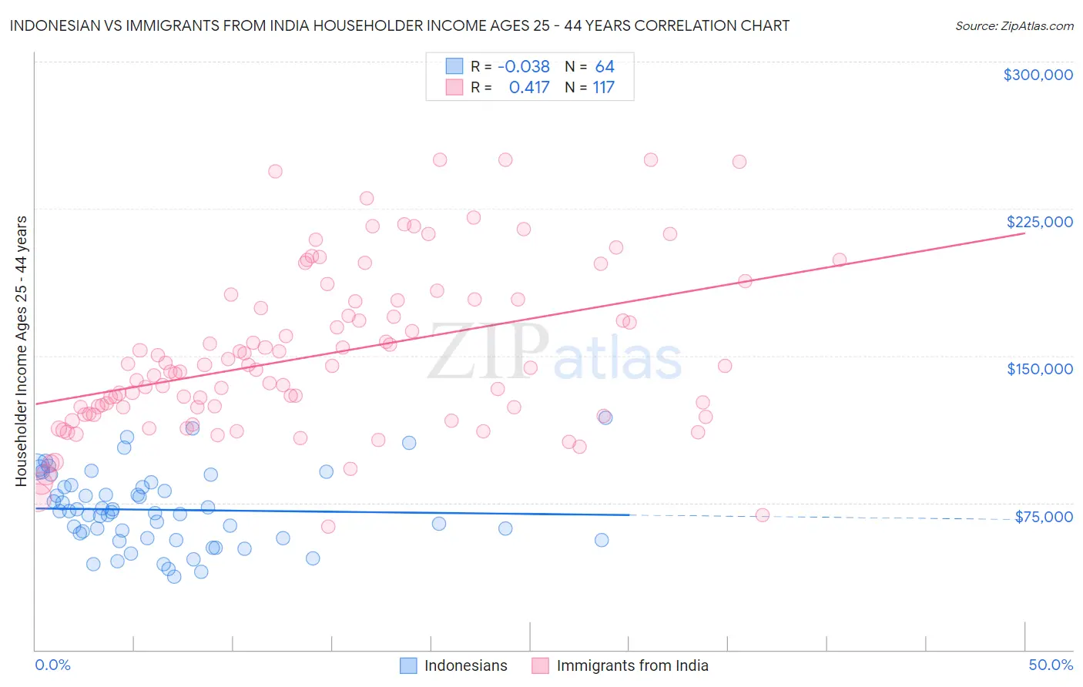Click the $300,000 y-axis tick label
[x=1038, y=75]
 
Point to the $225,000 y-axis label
[x=1039, y=222]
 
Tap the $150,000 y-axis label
[x=1039, y=369]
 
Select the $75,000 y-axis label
[x=1043, y=517]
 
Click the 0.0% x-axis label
[x=52, y=665]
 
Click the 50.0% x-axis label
[x=1051, y=665]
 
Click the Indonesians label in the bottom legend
[x=465, y=665]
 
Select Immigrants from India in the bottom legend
[x=632, y=665]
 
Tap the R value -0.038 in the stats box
[x=524, y=67]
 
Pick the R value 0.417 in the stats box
[x=529, y=88]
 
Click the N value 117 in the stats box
[x=603, y=88]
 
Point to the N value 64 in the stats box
[x=605, y=67]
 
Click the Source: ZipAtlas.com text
[x=1014, y=26]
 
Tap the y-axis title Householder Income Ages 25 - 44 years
[x=22, y=350]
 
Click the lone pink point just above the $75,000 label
[x=763, y=515]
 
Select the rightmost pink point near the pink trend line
[x=840, y=260]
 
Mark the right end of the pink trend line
[x=1024, y=233]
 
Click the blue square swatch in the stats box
[x=454, y=67]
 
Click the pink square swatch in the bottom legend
[x=540, y=665]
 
